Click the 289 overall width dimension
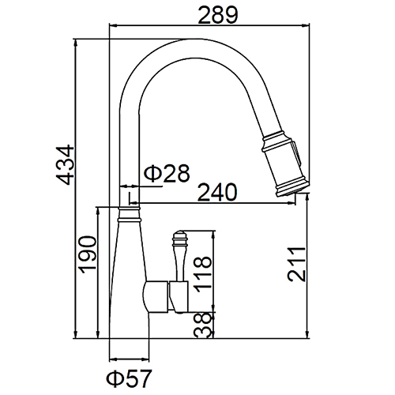218,15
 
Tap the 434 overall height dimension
65,164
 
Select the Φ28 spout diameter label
167,173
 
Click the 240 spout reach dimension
217,192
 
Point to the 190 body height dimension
88,254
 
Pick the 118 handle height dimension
202,274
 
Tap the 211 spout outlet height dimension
297,264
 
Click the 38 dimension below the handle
203,325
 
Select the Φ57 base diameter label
129,378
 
